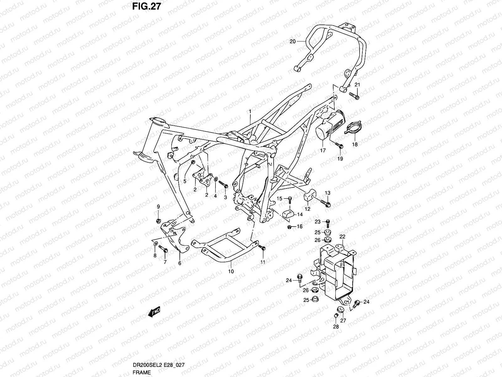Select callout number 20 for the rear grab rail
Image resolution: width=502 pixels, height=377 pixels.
293,41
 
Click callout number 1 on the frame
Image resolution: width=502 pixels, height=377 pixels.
250,112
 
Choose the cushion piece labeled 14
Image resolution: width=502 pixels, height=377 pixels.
289,215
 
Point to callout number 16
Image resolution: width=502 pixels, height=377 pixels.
300,226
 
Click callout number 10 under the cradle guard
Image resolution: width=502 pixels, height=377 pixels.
231,271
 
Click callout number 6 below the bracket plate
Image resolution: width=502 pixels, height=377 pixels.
180,263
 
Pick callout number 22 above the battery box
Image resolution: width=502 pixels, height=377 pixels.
342,237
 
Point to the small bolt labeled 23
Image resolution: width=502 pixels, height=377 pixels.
328,223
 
